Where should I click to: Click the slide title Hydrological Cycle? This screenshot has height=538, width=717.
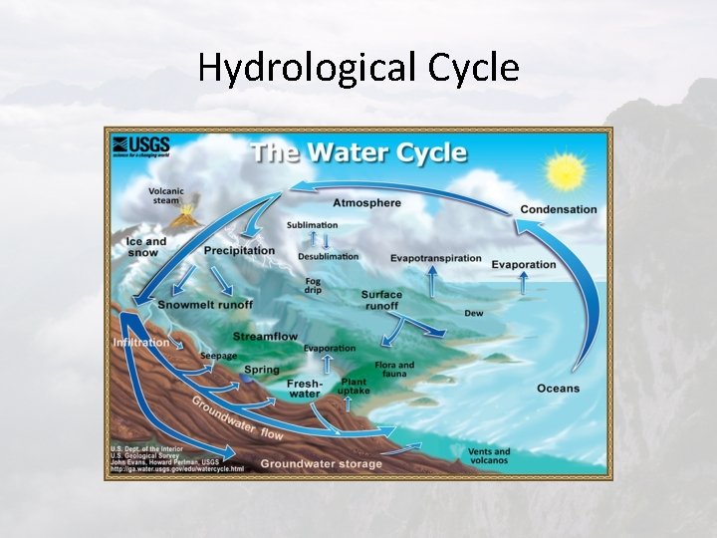click(358, 68)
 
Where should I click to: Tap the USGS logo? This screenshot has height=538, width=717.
click(140, 147)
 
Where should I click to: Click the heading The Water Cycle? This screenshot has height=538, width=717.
click(358, 153)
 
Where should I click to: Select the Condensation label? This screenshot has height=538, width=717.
click(559, 209)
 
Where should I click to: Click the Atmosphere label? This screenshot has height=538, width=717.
click(366, 203)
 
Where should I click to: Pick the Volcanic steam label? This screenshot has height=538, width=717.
click(166, 196)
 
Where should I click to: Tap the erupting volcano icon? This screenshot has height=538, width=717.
click(185, 214)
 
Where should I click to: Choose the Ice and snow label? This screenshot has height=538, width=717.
click(146, 246)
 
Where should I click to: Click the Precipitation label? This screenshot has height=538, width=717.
click(239, 250)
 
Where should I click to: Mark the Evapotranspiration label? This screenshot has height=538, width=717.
click(435, 258)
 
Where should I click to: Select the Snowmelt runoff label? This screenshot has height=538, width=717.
click(205, 304)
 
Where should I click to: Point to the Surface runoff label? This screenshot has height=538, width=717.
click(381, 300)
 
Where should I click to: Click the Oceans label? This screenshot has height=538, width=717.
click(558, 388)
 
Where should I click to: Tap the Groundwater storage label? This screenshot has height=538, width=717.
click(321, 463)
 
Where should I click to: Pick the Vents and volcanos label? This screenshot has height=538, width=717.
click(489, 456)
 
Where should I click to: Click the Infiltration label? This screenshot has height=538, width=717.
click(142, 342)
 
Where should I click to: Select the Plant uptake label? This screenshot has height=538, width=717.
click(354, 387)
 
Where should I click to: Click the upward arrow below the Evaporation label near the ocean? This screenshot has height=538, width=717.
click(523, 284)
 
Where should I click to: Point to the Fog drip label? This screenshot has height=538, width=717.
click(313, 284)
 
